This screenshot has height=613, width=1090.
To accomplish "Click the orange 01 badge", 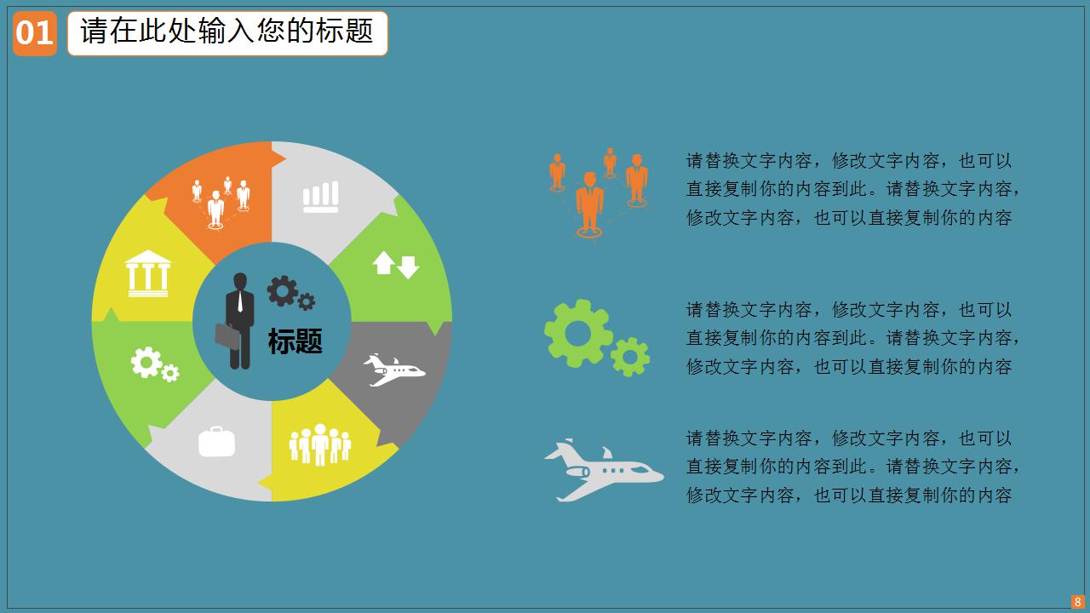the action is point(35,33).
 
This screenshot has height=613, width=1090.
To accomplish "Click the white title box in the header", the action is point(227,33).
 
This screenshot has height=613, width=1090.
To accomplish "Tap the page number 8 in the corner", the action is point(1077,602).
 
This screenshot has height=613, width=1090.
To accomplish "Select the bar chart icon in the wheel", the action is point(321,197).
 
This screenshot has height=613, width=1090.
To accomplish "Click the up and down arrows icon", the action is point(396,265).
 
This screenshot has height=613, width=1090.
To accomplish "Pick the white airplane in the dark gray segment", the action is point(394,370).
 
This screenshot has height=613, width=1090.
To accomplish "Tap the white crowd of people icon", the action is point(319,444).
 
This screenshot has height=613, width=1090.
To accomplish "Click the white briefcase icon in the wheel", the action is point(216,442).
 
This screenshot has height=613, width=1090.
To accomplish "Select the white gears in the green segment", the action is point(155,364).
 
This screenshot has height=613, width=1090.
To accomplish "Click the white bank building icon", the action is point(148,273).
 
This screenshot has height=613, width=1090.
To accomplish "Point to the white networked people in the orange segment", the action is point(221,203).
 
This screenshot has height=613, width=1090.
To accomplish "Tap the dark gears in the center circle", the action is point(291,293).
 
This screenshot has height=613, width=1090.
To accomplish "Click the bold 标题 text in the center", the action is point(295,341).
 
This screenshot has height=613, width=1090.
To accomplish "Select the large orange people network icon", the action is point(599,193).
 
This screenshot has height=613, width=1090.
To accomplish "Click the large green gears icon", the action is point(597,338).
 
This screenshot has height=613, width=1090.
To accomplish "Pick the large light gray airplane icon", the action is point(604,470).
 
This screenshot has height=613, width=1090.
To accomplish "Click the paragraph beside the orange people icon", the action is point(852,189).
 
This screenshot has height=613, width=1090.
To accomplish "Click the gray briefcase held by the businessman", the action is point(227,335).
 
